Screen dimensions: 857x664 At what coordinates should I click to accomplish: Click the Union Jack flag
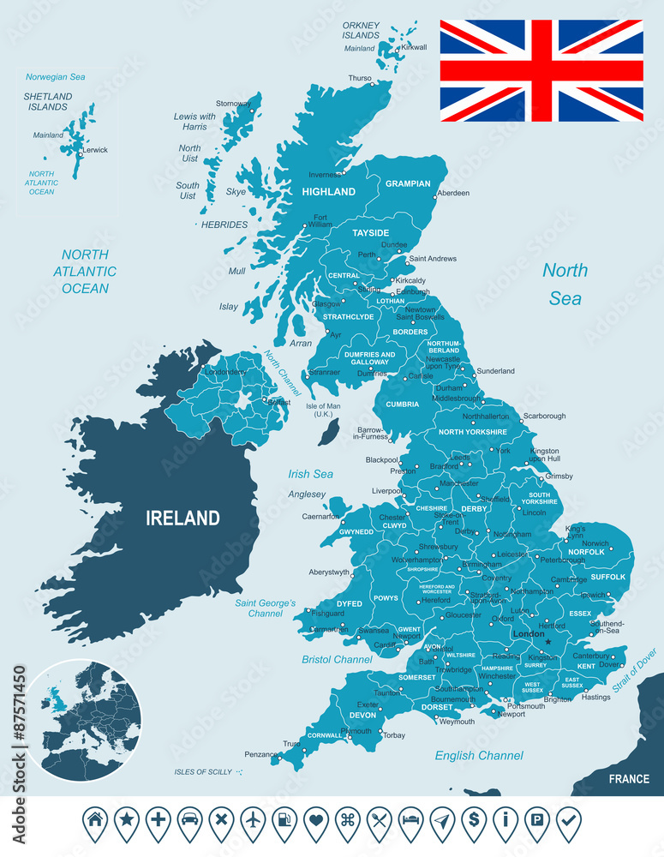click(x=541, y=70)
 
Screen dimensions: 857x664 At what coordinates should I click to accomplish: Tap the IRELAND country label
click(x=182, y=518)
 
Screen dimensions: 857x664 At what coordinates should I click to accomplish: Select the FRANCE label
click(x=628, y=779)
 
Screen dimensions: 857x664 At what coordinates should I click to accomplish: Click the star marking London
click(x=548, y=642)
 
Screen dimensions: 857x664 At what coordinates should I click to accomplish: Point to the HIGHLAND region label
click(x=328, y=192)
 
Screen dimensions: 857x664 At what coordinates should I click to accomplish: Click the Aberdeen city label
click(x=453, y=194)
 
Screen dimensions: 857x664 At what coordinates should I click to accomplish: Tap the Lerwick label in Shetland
click(x=95, y=150)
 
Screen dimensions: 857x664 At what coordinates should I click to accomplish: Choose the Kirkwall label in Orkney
click(x=414, y=47)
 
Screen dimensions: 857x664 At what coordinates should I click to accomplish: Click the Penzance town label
click(x=260, y=755)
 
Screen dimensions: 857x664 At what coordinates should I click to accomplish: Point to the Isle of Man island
click(x=327, y=431)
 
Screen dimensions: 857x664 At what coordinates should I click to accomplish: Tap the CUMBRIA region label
click(x=402, y=405)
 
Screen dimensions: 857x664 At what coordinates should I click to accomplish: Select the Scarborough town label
click(x=544, y=417)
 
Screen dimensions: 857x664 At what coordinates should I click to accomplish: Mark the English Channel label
click(x=479, y=756)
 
